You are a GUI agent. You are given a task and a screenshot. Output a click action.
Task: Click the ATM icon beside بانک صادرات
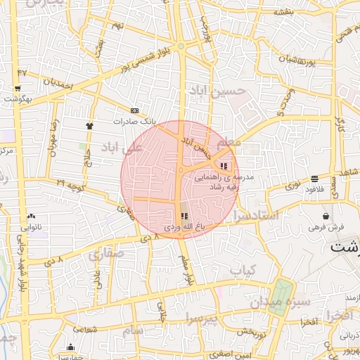point(135,110)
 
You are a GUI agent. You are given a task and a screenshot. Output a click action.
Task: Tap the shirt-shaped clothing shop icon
point(89,125)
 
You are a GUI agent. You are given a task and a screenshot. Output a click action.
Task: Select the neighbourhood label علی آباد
point(122,148)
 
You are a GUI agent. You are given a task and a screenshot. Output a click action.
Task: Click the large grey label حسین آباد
point(217,91)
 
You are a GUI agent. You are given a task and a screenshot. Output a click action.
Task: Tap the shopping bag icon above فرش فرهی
point(325,216)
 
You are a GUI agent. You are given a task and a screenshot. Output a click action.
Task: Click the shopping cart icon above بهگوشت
point(17,89)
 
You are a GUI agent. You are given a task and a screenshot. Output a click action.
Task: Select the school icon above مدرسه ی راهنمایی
point(224,166)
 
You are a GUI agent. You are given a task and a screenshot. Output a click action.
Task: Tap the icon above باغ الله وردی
point(184,217)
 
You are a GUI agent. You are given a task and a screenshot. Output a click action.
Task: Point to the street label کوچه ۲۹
point(70,184)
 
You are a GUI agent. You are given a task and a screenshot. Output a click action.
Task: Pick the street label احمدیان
point(58,83)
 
